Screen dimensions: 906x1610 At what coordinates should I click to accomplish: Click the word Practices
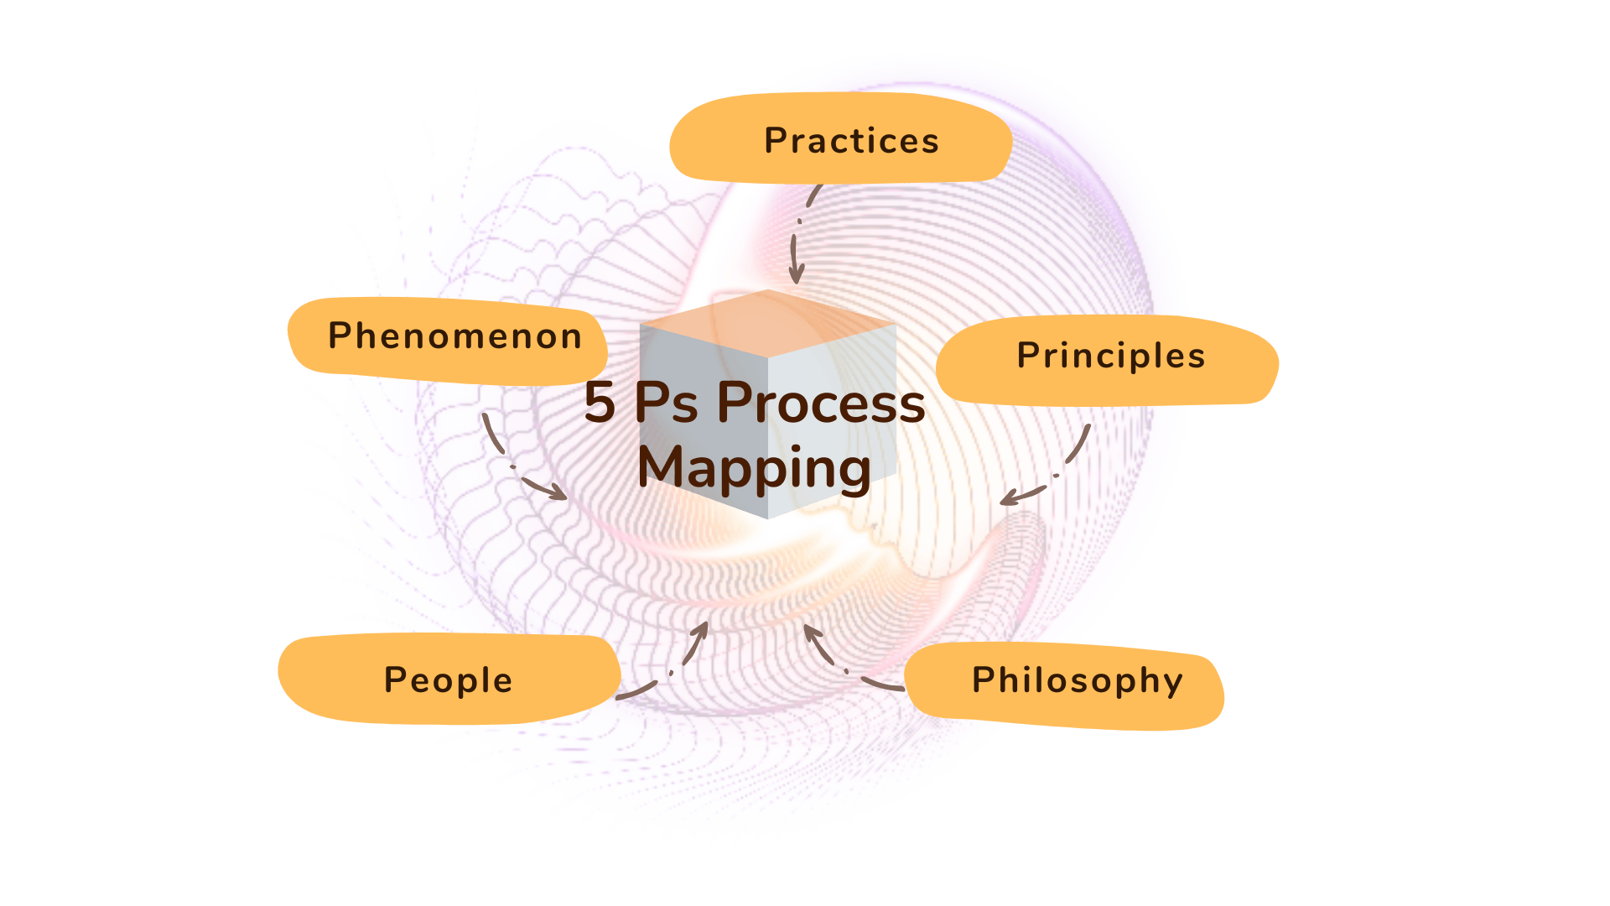(851, 141)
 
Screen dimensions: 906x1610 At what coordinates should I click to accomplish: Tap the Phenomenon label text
(454, 336)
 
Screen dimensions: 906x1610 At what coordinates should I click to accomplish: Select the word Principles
(1110, 357)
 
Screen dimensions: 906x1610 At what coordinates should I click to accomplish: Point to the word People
(448, 680)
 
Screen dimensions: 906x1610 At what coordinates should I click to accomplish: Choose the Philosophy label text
(1077, 680)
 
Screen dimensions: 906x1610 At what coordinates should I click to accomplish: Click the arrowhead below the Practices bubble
(796, 275)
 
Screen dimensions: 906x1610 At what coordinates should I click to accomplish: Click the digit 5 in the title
(600, 403)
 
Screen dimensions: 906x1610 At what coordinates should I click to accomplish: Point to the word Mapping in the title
(754, 468)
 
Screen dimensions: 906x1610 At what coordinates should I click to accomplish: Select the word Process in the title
(821, 403)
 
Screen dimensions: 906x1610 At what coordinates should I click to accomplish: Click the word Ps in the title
(666, 403)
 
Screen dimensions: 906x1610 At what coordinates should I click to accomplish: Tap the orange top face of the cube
(767, 323)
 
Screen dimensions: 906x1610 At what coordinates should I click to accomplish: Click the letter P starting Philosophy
(982, 680)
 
